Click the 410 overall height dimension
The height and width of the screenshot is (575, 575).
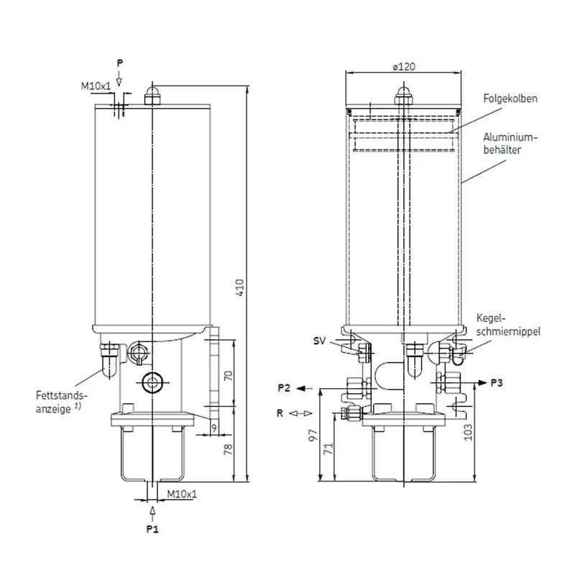pyautogui.click(x=239, y=287)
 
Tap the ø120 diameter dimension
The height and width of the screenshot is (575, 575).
pyautogui.click(x=404, y=67)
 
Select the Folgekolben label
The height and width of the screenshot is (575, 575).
pyautogui.click(x=510, y=98)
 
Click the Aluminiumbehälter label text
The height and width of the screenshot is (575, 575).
pyautogui.click(x=510, y=143)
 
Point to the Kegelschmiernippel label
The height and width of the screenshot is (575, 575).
pyautogui.click(x=508, y=325)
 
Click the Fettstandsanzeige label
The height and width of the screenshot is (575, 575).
pyautogui.click(x=62, y=402)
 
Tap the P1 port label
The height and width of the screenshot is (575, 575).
pyautogui.click(x=152, y=529)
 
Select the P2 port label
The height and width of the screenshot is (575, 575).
pyautogui.click(x=284, y=387)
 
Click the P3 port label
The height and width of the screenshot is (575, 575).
pyautogui.click(x=497, y=383)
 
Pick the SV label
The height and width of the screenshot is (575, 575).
pyautogui.click(x=319, y=341)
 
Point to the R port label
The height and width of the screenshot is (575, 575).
pyautogui.click(x=280, y=413)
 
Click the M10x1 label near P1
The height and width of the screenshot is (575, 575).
pyautogui.click(x=182, y=494)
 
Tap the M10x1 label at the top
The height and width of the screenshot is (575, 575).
pyautogui.click(x=96, y=86)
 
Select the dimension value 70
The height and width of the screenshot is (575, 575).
pyautogui.click(x=228, y=375)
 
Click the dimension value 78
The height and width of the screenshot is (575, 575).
pyautogui.click(x=228, y=448)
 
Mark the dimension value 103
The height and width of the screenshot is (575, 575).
pyautogui.click(x=469, y=433)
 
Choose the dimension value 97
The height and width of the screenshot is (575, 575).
pyautogui.click(x=313, y=436)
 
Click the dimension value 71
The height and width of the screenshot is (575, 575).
pyautogui.click(x=329, y=448)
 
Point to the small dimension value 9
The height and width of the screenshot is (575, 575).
pyautogui.click(x=214, y=428)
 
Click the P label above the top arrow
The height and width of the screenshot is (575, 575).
pyautogui.click(x=119, y=63)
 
